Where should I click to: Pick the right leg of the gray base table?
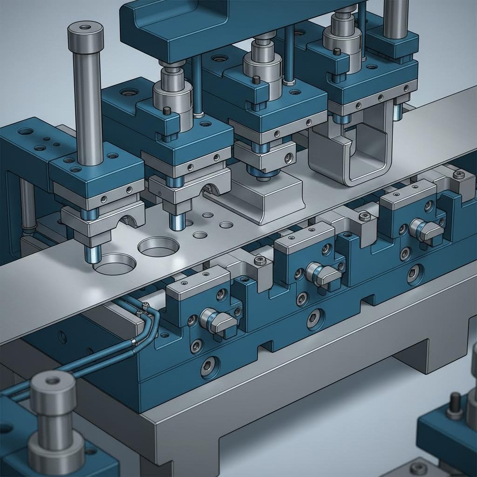(x=410, y=354)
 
